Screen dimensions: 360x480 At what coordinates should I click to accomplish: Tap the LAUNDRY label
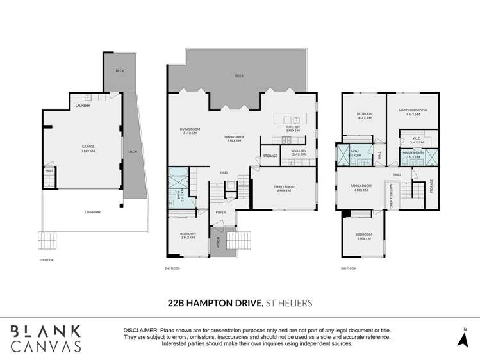[x=82, y=105]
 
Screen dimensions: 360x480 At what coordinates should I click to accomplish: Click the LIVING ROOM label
[x=190, y=131]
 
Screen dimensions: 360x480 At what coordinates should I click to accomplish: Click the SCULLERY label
[x=299, y=152]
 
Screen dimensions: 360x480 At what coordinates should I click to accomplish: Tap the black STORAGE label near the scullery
[x=270, y=156]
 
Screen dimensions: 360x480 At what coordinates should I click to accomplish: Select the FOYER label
[x=220, y=212]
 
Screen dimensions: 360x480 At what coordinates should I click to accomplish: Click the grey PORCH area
[x=218, y=241]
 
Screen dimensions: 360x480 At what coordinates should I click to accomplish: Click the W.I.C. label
[x=417, y=140]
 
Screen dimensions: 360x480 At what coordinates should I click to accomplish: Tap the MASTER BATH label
[x=413, y=154]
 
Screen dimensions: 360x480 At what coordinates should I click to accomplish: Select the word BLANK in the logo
[x=45, y=331]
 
